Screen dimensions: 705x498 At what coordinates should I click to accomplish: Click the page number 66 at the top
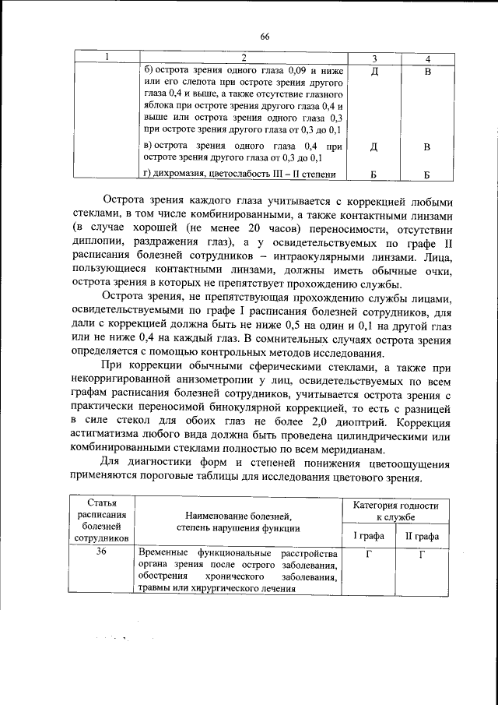pos(265,37)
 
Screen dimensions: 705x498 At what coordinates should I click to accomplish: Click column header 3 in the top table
pos(373,59)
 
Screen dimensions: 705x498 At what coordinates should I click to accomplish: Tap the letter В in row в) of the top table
pos(426,146)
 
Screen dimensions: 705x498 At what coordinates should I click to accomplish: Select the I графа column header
pos(369,536)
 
